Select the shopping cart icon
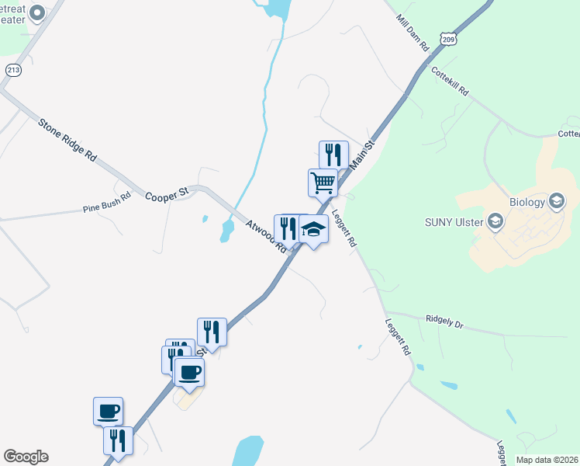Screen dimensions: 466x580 pyautogui.click(x=323, y=183)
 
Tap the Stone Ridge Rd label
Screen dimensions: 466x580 pyautogui.click(x=67, y=139)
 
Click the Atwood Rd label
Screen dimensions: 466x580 pyautogui.click(x=265, y=235)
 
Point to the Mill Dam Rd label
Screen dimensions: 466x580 pyautogui.click(x=412, y=32)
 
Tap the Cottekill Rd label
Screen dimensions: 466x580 pyautogui.click(x=451, y=81)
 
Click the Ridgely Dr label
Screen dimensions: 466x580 pyautogui.click(x=444, y=319)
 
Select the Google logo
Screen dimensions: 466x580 pyautogui.click(x=26, y=457)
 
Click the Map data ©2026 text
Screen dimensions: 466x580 pyautogui.click(x=547, y=460)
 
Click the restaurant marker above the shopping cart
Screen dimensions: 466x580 pyautogui.click(x=333, y=155)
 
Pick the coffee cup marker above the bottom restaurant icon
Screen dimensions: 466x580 pyautogui.click(x=109, y=411)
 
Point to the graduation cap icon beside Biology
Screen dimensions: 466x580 pyautogui.click(x=555, y=202)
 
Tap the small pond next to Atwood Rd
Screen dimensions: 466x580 pyautogui.click(x=226, y=231)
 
